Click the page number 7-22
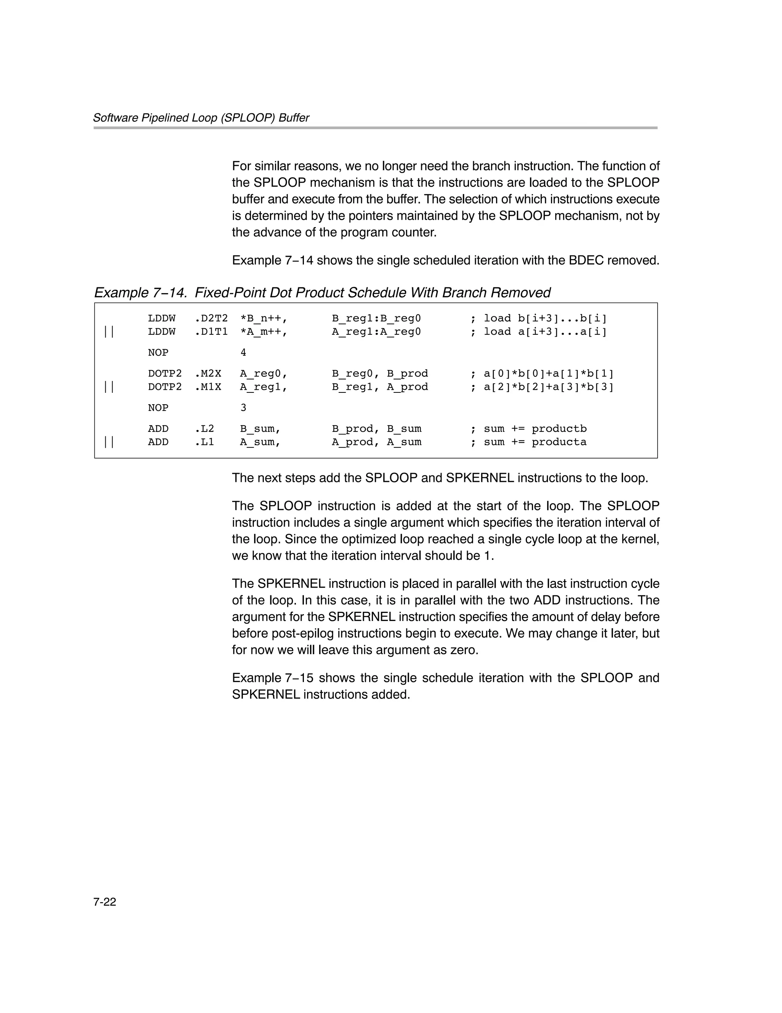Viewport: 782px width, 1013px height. tap(104, 901)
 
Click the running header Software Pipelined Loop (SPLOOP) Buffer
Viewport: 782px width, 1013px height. tap(201, 118)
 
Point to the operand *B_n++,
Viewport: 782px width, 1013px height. tap(263, 318)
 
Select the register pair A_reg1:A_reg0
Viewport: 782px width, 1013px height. tap(376, 332)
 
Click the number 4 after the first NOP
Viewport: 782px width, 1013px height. tap(243, 353)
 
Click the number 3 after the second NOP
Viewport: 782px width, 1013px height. tap(243, 408)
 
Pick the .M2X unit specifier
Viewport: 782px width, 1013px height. tap(208, 373)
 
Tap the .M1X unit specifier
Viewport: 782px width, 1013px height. tap(208, 387)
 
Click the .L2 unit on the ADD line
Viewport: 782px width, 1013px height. tap(204, 429)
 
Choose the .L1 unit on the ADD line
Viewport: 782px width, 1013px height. tap(204, 442)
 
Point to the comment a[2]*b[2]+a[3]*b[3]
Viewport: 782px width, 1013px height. tap(548, 387)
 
